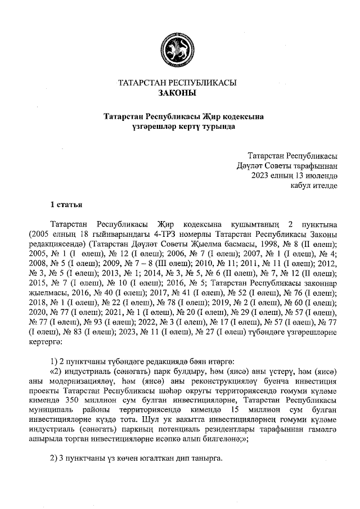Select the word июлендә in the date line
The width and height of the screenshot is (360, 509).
(x=319, y=175)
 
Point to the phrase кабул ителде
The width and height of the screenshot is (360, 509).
(x=314, y=185)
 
